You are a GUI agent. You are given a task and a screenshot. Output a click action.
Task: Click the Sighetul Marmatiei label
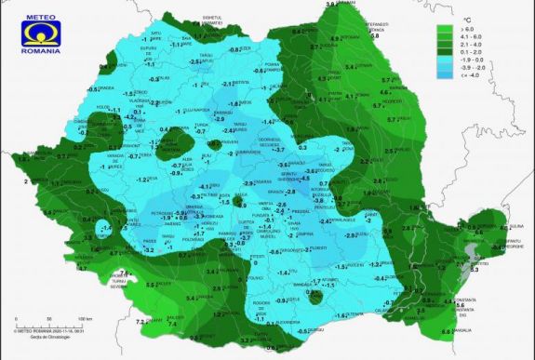213,17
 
